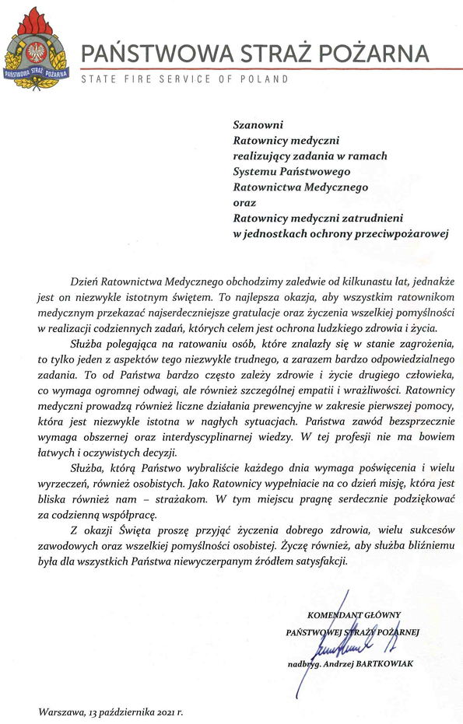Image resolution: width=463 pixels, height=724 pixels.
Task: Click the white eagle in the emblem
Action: tap(35, 52)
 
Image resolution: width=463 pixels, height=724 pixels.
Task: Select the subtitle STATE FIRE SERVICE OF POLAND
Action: tap(184, 79)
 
